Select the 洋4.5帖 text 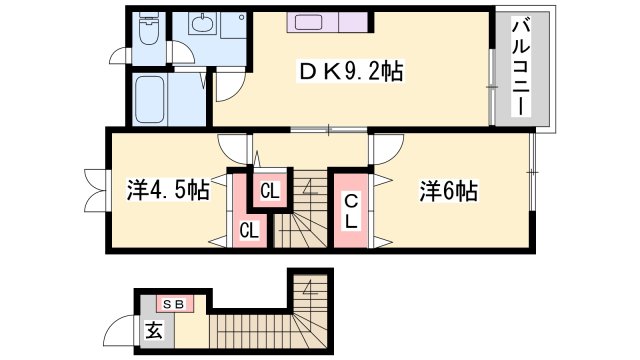167,190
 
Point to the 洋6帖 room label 448,190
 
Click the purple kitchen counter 329,22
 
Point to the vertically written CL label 351,211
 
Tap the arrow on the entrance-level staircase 311,293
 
